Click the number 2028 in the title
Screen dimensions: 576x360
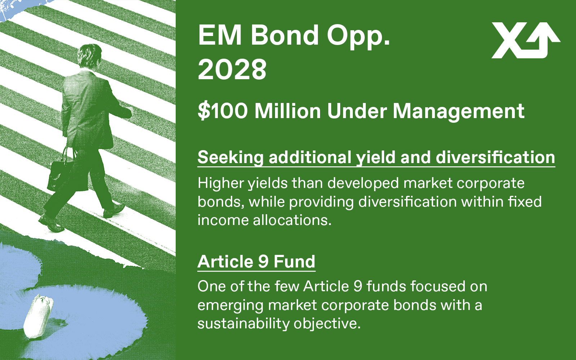coord(232,70)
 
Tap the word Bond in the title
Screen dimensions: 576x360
coord(285,35)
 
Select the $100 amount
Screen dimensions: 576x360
coord(223,111)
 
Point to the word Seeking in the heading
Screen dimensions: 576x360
coord(231,158)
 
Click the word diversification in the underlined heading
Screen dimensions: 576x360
coord(495,157)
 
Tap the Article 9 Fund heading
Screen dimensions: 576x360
coord(256,262)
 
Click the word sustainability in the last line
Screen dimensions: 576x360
coord(243,324)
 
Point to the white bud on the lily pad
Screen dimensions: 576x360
coord(38,316)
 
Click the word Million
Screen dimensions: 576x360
coord(288,111)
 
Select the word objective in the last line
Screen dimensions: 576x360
coord(327,324)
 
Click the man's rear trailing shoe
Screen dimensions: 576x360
coord(51,224)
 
